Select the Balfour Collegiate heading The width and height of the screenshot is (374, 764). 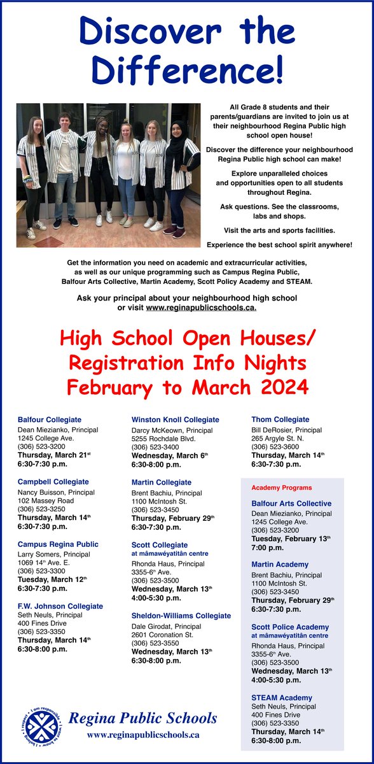point(50,420)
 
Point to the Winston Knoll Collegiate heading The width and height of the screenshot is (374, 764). point(175,420)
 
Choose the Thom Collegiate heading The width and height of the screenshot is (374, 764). point(280,420)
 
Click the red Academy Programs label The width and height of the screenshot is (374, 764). point(281,488)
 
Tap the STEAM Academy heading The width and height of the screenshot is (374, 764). point(282,698)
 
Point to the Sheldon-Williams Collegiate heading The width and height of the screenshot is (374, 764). point(181,616)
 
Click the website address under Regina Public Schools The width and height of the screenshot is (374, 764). point(143,734)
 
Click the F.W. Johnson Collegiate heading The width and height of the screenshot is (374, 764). point(60,606)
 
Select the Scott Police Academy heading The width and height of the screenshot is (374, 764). point(290,627)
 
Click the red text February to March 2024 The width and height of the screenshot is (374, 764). point(187,387)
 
